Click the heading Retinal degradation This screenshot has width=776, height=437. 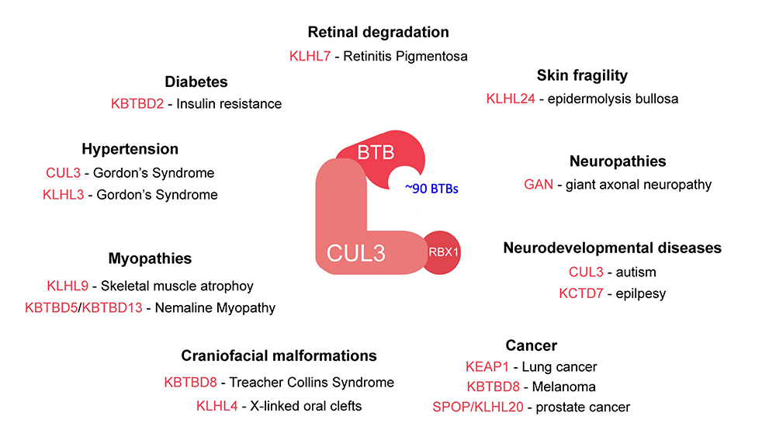click(378, 33)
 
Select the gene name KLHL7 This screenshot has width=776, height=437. click(308, 56)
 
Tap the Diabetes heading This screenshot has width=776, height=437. click(196, 82)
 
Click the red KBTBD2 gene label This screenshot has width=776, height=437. click(138, 103)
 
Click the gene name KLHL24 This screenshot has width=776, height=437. click(511, 99)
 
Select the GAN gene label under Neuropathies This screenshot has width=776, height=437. click(539, 185)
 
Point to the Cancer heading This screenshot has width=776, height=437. click(531, 345)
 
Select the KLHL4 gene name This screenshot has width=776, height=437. click(218, 405)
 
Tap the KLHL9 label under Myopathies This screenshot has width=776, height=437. click(70, 285)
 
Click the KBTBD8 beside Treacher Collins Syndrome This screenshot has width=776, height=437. click(191, 382)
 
